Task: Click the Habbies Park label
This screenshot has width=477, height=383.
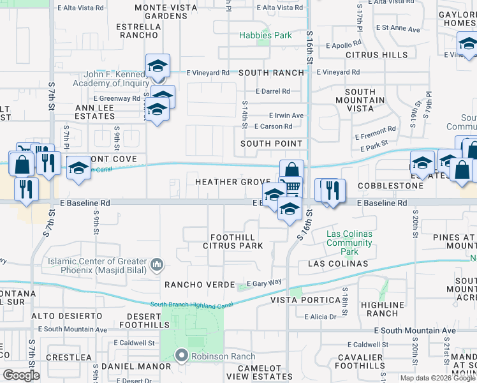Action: click(265, 35)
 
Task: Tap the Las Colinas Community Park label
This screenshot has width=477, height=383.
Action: click(349, 243)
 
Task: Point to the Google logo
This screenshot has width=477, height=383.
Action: click(21, 375)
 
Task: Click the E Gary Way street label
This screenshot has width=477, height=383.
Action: click(264, 283)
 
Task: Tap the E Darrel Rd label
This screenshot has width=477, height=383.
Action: click(272, 91)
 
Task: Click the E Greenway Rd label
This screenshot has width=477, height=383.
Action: click(117, 98)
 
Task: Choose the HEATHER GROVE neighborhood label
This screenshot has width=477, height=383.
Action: click(233, 182)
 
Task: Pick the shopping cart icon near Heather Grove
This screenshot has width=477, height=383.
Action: click(291, 186)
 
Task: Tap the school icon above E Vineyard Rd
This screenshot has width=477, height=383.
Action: click(158, 66)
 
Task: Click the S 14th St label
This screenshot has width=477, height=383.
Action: click(245, 114)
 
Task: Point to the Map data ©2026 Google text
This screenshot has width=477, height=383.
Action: click(437, 378)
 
